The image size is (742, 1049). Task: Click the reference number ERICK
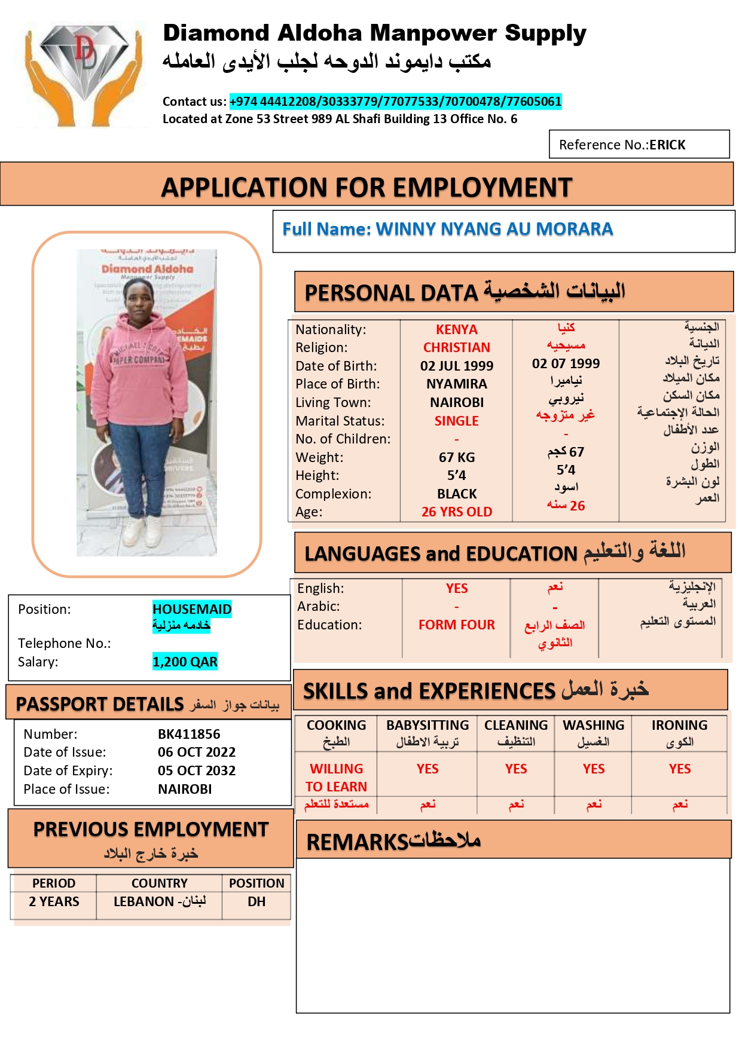[x=667, y=145]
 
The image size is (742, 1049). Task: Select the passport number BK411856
[x=189, y=734]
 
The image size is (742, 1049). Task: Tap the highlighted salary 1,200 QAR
[x=185, y=662]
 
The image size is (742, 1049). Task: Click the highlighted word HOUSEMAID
[x=192, y=609]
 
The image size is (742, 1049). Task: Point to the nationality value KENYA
[x=456, y=329]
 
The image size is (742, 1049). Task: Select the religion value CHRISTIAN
[x=456, y=347]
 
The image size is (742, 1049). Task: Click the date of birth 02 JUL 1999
[x=456, y=366]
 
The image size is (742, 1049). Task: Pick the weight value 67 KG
[x=456, y=457]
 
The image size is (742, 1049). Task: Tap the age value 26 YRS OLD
[x=456, y=512]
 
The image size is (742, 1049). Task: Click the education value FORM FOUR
[x=456, y=625]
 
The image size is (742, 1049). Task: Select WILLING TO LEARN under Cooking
[x=336, y=777]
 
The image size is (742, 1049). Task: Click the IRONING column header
[x=679, y=725]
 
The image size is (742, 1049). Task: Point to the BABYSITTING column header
[x=428, y=725]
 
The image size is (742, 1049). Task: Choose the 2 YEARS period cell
[x=54, y=901]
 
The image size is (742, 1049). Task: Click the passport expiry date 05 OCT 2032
[x=197, y=770]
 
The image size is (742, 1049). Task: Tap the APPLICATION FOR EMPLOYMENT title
[x=367, y=187]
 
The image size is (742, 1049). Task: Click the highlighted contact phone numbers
[x=395, y=102]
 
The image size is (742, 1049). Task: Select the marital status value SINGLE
[x=456, y=421]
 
